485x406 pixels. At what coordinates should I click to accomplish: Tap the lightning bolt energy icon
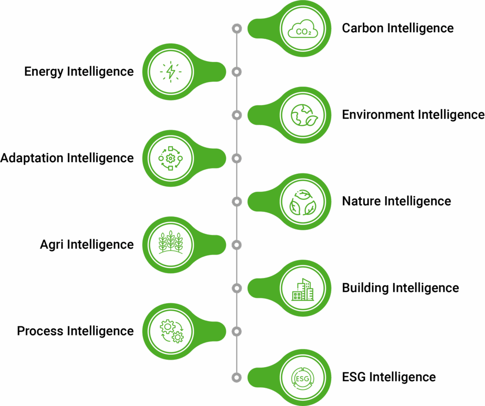(171, 72)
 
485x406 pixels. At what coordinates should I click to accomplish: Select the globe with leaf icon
(303, 115)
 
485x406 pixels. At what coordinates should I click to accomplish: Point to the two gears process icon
(171, 331)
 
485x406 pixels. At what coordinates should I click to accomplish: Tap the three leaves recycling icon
(303, 202)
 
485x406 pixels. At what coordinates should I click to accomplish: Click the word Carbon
(363, 28)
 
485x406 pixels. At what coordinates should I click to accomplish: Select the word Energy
(44, 72)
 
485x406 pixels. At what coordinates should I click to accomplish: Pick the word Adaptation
(32, 158)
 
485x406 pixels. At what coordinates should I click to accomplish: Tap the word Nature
(361, 201)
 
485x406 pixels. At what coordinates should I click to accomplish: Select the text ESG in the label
(354, 378)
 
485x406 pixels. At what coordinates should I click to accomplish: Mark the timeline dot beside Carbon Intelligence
(237, 28)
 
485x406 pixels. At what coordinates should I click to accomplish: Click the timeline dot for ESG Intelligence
(237, 378)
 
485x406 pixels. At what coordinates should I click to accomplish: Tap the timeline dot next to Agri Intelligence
(237, 245)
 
